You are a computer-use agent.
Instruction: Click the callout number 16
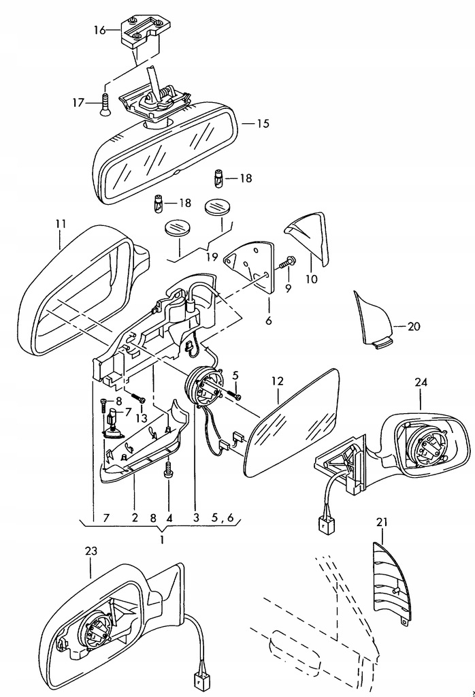[99, 30]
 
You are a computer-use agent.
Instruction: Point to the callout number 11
[61, 223]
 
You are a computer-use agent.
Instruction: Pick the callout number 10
[312, 279]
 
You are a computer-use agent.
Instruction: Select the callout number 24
[421, 382]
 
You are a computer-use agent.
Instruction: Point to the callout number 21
[382, 522]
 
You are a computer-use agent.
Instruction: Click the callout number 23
[91, 551]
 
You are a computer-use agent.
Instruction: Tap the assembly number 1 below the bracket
[162, 540]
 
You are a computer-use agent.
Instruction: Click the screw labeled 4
[168, 470]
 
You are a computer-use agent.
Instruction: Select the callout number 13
[142, 418]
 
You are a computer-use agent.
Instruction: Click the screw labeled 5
[234, 394]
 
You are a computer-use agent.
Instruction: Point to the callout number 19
[212, 257]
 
